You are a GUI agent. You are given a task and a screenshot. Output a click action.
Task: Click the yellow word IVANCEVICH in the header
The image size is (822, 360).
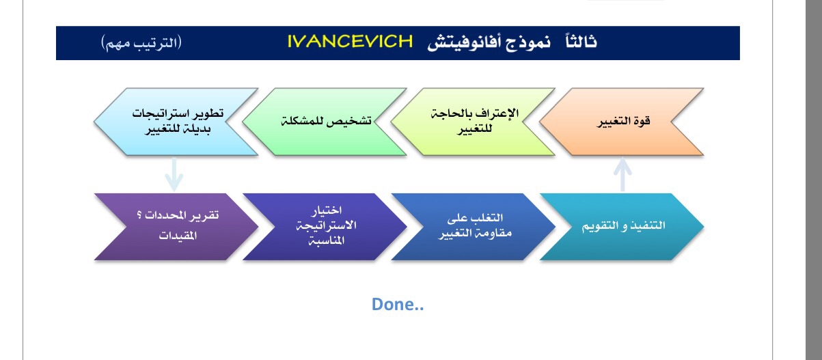coord(350,42)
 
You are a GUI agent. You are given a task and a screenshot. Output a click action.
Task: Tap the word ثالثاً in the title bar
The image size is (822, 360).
coord(581,41)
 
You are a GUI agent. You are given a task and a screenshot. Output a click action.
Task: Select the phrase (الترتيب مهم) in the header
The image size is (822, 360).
coord(141,43)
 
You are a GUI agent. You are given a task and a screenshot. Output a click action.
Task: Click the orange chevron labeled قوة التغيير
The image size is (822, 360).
coord(622,122)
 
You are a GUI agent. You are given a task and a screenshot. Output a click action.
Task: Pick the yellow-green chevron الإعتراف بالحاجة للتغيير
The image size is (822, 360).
coord(473,122)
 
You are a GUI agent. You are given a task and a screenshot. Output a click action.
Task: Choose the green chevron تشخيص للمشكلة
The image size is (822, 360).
coord(325,122)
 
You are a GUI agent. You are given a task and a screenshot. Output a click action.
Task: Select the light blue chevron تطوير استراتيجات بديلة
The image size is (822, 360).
coord(176,122)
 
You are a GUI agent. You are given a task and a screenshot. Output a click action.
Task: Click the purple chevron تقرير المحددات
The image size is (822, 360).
coord(176,227)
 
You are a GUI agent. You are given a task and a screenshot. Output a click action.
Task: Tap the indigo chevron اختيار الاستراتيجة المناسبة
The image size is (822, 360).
coord(325,227)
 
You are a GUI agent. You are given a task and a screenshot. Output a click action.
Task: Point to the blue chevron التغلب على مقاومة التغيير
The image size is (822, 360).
coord(473,227)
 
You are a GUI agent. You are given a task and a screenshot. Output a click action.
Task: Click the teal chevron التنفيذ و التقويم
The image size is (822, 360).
coord(622,227)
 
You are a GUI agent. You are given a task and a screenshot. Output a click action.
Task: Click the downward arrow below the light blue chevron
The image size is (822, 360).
coord(174,175)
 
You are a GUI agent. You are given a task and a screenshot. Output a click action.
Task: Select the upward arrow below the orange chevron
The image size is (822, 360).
coord(622,174)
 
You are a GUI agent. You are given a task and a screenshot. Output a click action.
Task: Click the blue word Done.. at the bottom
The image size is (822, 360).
coord(398,304)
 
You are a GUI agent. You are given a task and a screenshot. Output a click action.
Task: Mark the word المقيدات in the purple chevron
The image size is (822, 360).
coord(178,235)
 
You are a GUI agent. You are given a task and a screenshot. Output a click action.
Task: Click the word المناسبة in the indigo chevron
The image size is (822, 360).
coord(326,240)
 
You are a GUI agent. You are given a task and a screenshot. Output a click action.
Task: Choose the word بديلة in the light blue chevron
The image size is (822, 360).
coord(197,129)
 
